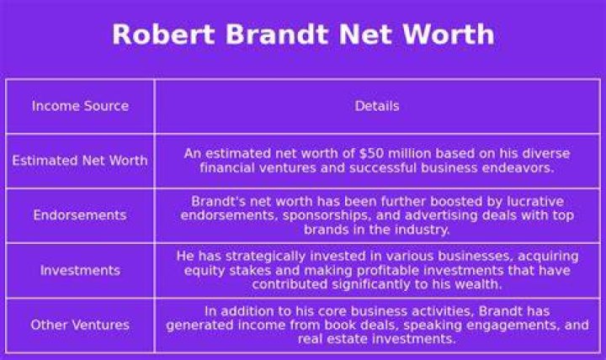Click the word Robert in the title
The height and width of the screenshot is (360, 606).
click(163, 34)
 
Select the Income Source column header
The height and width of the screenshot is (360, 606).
click(80, 106)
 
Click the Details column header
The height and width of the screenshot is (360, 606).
click(377, 106)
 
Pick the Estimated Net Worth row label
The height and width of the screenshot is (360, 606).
click(80, 161)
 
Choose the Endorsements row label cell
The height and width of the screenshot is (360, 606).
click(80, 215)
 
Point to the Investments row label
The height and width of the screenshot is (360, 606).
click(80, 270)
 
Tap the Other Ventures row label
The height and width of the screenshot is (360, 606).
click(80, 325)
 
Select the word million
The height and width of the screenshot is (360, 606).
click(410, 153)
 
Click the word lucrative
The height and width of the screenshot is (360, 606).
click(535, 201)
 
